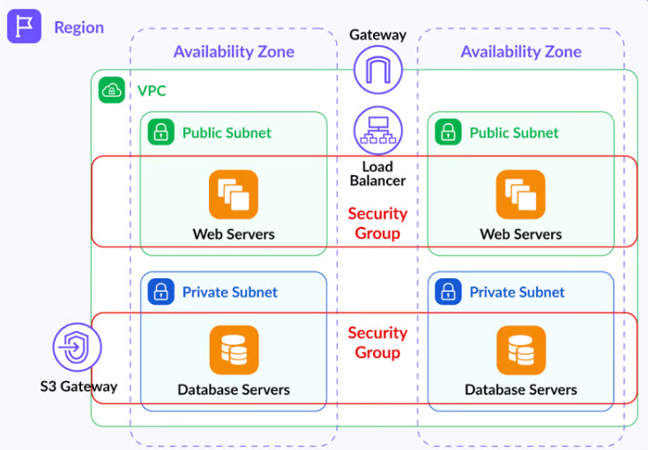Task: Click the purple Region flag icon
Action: [x=25, y=26]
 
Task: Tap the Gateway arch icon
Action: [x=378, y=70]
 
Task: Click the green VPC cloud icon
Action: [x=112, y=90]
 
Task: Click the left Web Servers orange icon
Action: [x=234, y=195]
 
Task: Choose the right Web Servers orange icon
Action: [x=521, y=195]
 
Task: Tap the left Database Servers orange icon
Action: [x=234, y=350]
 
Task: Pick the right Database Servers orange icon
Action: [x=521, y=350]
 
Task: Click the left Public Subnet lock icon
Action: [x=161, y=133]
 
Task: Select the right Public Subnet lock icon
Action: [x=449, y=133]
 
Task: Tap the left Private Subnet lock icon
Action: [x=161, y=291]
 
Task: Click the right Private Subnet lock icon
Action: [x=449, y=291]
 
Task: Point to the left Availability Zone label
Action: [x=234, y=52]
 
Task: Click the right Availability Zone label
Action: [x=521, y=52]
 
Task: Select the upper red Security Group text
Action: [x=377, y=223]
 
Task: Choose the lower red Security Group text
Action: [x=377, y=343]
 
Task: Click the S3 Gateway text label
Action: [x=78, y=387]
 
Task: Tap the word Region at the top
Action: [x=78, y=27]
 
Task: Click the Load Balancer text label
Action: [x=377, y=173]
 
